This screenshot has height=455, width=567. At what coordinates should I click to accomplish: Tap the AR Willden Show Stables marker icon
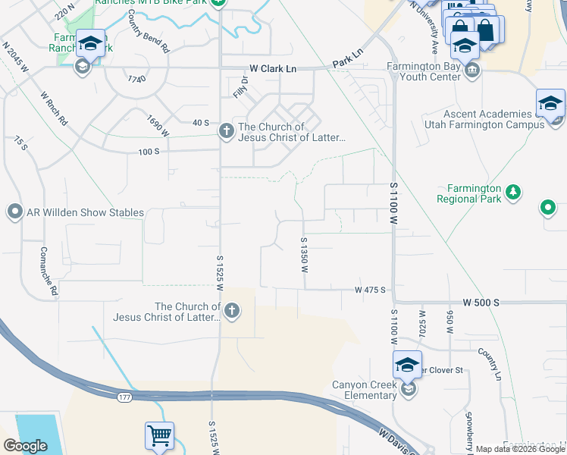coord(14,212)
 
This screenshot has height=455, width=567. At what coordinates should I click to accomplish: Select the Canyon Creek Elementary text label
coord(365,390)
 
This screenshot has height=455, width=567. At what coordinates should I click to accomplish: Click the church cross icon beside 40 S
coord(226,131)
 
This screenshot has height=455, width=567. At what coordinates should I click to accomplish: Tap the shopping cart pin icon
coord(159,436)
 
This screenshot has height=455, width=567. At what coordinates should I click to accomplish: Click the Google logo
coord(25,446)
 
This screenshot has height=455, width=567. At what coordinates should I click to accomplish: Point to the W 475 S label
coord(371,290)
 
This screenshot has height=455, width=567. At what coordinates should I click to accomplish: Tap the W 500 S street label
coord(481,303)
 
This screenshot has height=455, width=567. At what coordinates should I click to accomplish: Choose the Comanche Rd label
coord(49,271)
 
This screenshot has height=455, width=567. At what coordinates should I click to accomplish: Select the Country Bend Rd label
coord(149,31)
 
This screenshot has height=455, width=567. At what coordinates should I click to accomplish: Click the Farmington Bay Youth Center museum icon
coord(472,71)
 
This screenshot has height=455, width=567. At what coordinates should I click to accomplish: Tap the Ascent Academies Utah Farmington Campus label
coord(493,118)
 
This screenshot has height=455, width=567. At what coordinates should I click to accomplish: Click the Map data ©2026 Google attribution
coord(520,449)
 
